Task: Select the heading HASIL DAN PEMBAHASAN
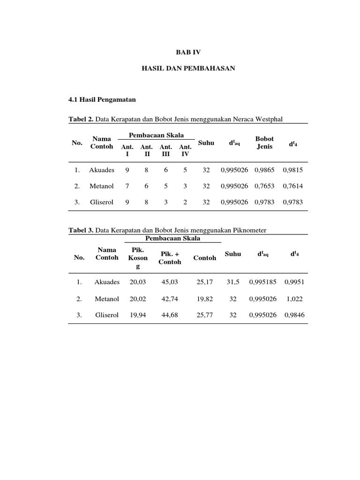pyautogui.click(x=188, y=68)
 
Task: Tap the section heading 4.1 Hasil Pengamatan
pyautogui.click(x=102, y=100)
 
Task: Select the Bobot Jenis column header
pyautogui.click(x=264, y=142)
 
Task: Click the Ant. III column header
pyautogui.click(x=166, y=150)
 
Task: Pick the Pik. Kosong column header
pyautogui.click(x=138, y=258)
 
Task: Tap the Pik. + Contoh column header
pyautogui.click(x=170, y=258)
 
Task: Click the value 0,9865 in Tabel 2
pyautogui.click(x=264, y=170)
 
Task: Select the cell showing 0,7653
pyautogui.click(x=264, y=186)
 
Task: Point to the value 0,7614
pyautogui.click(x=293, y=186)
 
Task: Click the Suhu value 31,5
pyautogui.click(x=233, y=282)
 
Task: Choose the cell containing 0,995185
pyautogui.click(x=262, y=282)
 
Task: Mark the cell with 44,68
pyautogui.click(x=170, y=315)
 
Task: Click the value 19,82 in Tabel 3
pyautogui.click(x=205, y=299)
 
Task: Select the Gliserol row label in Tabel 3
pyautogui.click(x=107, y=315)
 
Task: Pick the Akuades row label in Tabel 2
pyautogui.click(x=102, y=170)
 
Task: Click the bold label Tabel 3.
pyautogui.click(x=81, y=230)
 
